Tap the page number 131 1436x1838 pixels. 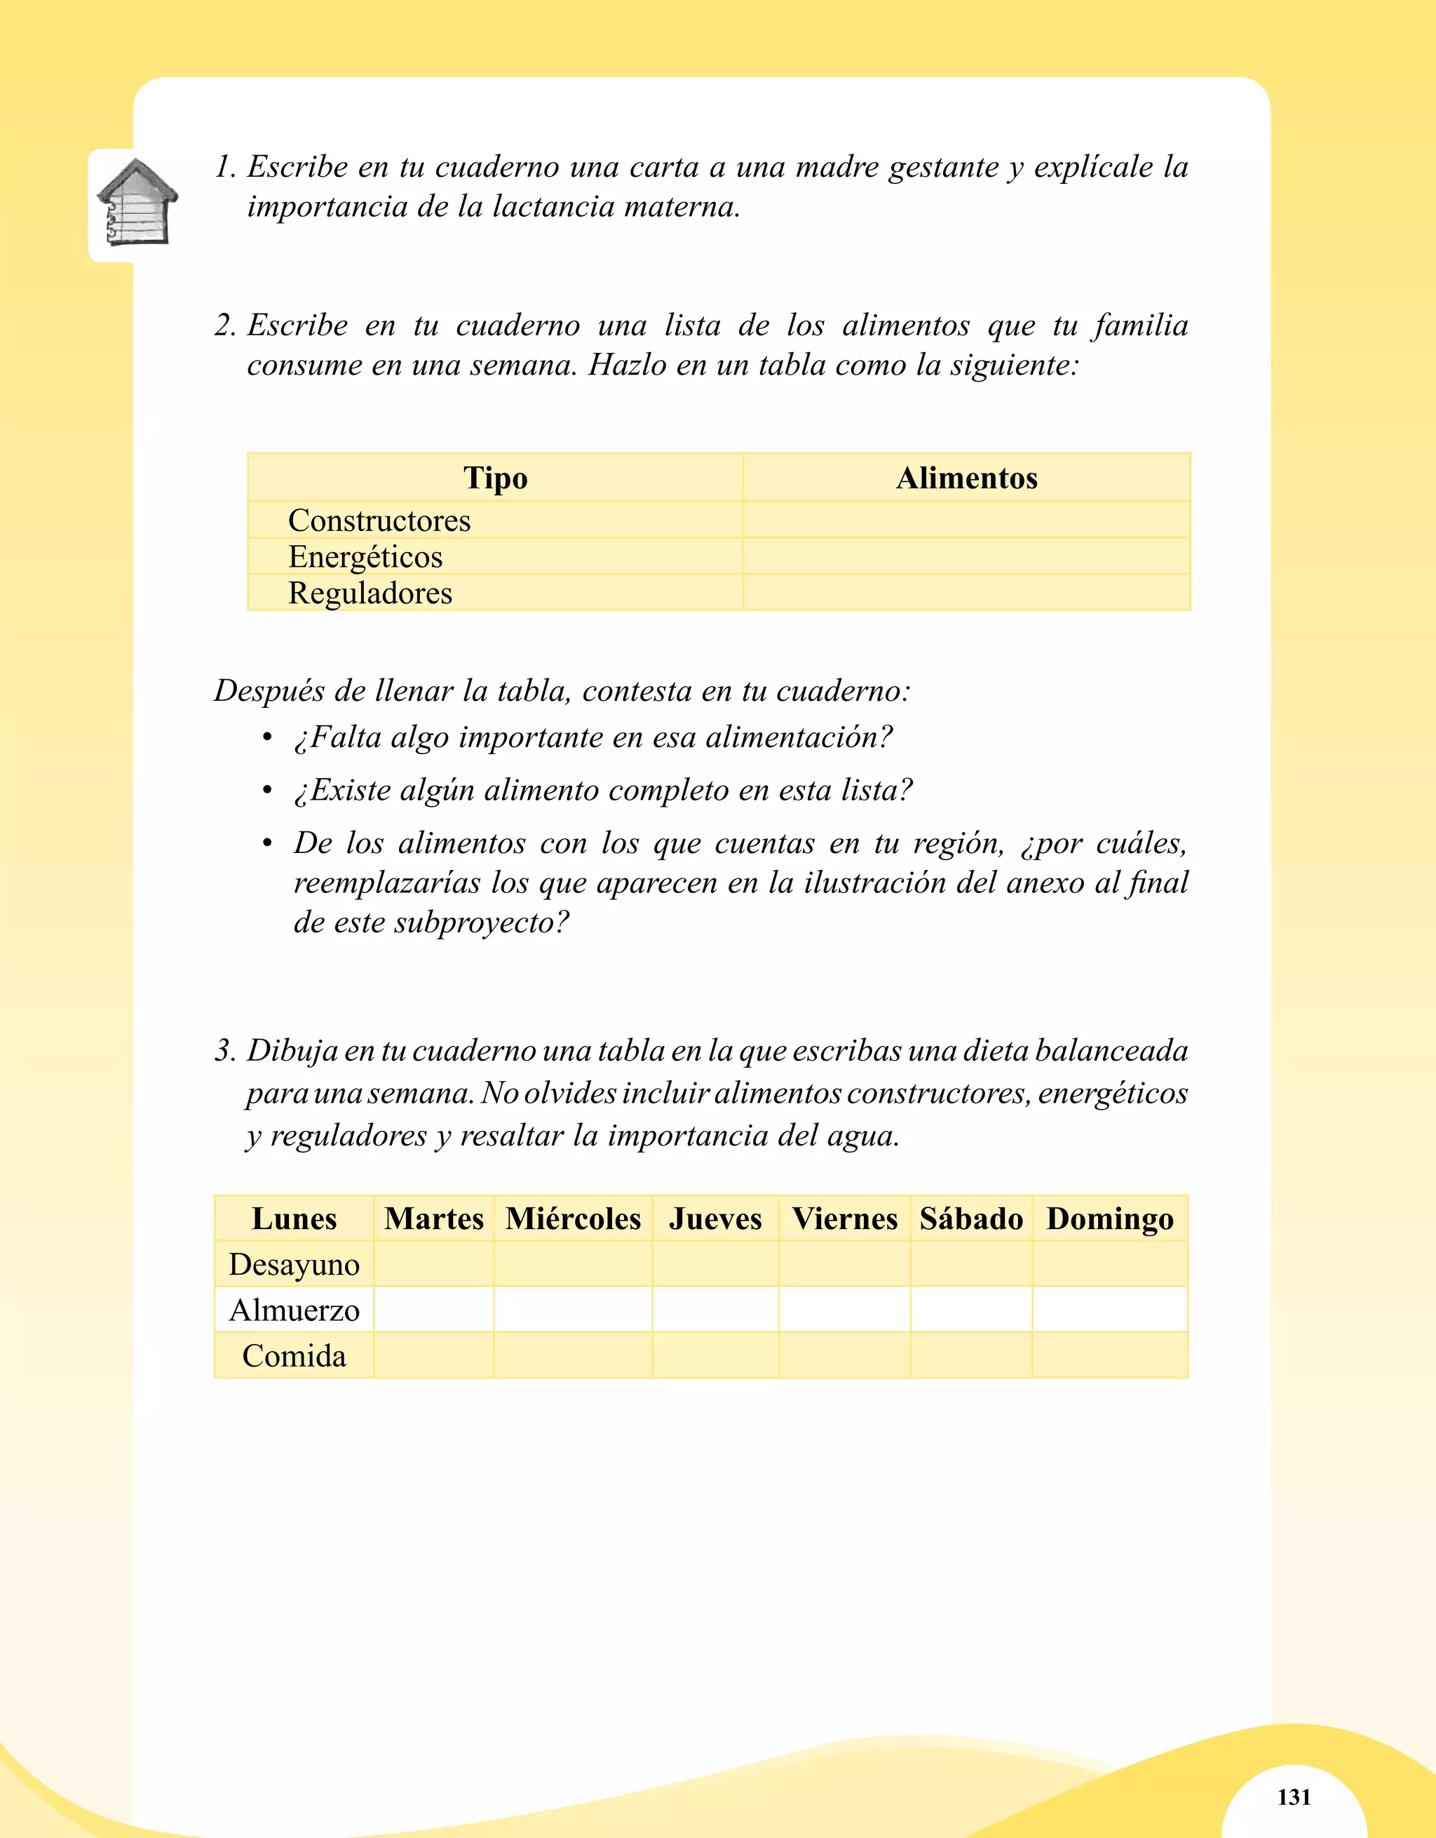click(1294, 1796)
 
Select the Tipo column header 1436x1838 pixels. click(496, 478)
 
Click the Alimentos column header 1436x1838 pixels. click(967, 478)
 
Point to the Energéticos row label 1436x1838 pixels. click(365, 557)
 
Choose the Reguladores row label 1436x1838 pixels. click(370, 593)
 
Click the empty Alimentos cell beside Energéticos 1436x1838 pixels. click(967, 556)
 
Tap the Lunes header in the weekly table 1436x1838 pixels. click(294, 1219)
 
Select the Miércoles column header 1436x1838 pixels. click(573, 1219)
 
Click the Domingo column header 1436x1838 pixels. click(1109, 1219)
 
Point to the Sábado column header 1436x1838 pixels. click(971, 1219)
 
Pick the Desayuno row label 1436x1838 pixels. click(294, 1264)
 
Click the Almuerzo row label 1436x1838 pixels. click(294, 1310)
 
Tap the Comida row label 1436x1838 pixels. click(294, 1355)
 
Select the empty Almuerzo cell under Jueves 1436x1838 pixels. click(715, 1310)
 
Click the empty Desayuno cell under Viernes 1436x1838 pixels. click(845, 1264)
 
